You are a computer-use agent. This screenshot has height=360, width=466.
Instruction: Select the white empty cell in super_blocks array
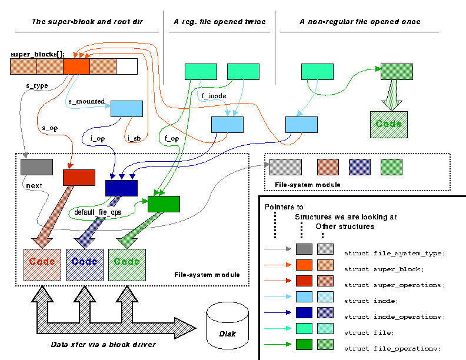[127, 66]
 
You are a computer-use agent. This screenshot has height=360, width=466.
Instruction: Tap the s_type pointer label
[36, 85]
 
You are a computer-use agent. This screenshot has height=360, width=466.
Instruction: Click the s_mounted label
[86, 101]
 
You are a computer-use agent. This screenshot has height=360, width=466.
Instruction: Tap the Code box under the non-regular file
[389, 124]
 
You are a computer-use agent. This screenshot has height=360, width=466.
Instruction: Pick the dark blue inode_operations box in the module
[121, 188]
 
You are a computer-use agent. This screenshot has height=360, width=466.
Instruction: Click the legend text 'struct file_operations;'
[392, 348]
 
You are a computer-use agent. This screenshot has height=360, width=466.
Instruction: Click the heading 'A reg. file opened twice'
[219, 22]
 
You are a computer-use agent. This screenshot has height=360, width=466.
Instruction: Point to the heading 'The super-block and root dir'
[86, 22]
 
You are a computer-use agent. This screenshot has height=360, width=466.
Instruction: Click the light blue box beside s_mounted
[127, 108]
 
